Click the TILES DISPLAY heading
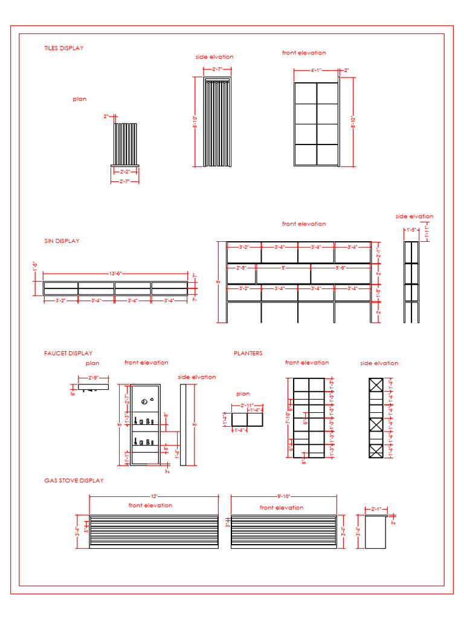click(63, 48)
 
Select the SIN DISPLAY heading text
click(62, 241)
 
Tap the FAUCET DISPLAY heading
click(68, 354)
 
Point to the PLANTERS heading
click(248, 354)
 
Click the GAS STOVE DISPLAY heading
click(74, 481)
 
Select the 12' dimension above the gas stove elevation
click(153, 496)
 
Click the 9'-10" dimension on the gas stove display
click(284, 496)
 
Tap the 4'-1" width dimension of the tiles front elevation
click(316, 71)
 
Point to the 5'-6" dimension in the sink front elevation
click(341, 267)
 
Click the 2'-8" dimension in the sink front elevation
click(241, 267)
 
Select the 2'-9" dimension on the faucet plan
click(93, 378)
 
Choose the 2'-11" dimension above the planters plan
click(247, 405)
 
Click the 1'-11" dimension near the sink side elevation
click(427, 233)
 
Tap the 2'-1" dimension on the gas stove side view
click(376, 509)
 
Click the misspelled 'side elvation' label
click(214, 57)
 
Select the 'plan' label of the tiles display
click(80, 99)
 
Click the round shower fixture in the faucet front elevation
click(144, 401)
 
